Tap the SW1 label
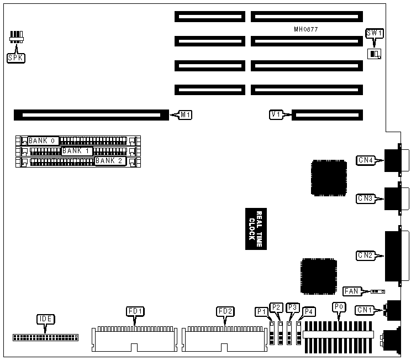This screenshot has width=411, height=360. point(375,34)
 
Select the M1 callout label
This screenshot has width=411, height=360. point(186,115)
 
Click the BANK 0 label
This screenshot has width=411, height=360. point(42,140)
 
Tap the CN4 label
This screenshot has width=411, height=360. point(366,160)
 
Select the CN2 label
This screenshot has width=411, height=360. point(366,255)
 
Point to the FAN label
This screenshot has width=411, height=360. point(351,291)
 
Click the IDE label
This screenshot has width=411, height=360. point(45,319)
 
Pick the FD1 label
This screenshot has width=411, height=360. point(136,311)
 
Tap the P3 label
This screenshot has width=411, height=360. point(293,307)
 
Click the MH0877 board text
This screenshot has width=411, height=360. point(305,29)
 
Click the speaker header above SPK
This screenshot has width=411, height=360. point(17,38)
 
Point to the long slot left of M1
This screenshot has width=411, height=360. point(91,115)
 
